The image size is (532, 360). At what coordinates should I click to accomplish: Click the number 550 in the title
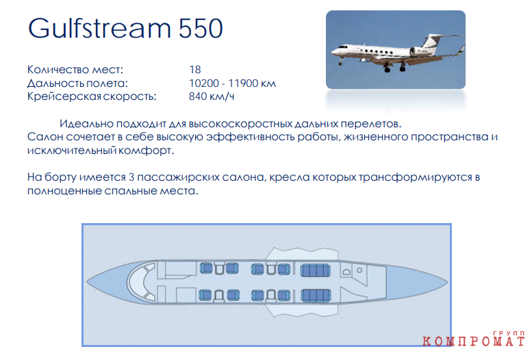[201, 28]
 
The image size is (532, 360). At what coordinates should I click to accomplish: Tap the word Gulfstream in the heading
[99, 28]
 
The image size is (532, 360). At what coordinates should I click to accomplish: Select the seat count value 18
[194, 70]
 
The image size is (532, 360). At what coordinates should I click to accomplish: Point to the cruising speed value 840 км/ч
[212, 97]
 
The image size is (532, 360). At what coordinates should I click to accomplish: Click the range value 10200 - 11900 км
[232, 83]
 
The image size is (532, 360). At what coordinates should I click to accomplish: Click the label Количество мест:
[75, 70]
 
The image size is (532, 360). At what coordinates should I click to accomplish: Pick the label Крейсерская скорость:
[92, 97]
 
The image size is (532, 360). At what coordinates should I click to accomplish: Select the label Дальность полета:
[77, 83]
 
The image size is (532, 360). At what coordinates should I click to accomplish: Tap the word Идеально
[86, 123]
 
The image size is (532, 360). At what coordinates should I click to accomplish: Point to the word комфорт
[146, 150]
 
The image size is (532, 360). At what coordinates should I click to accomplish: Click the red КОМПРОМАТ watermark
[474, 340]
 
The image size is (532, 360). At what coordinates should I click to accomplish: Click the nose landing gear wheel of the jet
[340, 63]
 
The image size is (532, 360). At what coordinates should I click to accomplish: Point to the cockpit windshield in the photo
[343, 47]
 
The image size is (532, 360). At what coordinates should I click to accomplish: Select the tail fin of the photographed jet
[431, 40]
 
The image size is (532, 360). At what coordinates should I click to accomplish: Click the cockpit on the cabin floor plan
[141, 282]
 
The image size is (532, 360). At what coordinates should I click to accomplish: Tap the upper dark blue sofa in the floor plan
[315, 270]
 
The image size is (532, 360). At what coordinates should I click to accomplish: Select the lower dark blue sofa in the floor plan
[316, 296]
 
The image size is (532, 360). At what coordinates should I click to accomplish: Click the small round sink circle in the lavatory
[359, 270]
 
